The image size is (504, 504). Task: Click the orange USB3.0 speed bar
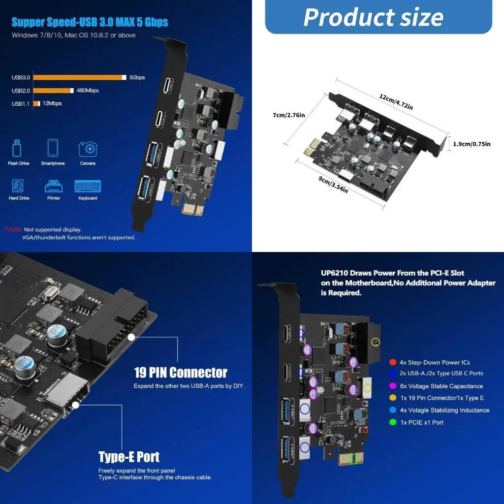coord(79,77)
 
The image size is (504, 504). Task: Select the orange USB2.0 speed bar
coord(53,91)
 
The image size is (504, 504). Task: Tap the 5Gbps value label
coord(137,77)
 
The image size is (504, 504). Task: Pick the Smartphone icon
coord(53,148)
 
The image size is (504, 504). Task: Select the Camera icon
coord(88,149)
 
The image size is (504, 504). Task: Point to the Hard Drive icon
coord(18,186)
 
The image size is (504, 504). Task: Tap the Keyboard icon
coord(88,186)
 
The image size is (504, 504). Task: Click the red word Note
coord(13,229)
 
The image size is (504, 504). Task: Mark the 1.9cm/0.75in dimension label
coord(472,144)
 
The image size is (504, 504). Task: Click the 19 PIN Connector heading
coord(181,372)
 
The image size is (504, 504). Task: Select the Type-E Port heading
coord(129,456)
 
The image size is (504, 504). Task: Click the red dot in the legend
coord(392,362)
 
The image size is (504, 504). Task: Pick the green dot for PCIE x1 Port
coord(392,422)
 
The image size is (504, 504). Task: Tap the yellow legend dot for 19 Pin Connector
coord(392,398)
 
